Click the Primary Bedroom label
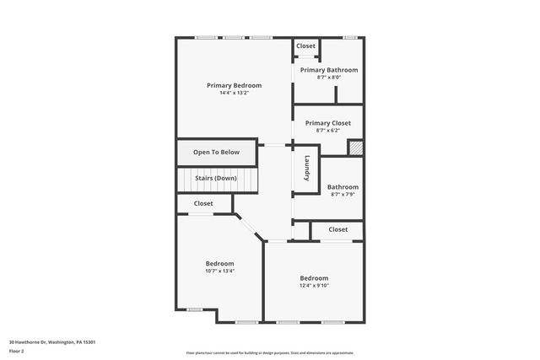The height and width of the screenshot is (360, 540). click(235, 85)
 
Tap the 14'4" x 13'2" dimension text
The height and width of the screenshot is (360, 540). click(235, 93)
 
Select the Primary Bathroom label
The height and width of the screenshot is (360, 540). click(329, 70)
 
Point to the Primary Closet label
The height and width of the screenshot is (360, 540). click(328, 123)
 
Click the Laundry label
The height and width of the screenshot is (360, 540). click(308, 168)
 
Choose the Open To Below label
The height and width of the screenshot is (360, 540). click(216, 153)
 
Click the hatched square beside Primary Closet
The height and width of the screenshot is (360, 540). click(355, 148)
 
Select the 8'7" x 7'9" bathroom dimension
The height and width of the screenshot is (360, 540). click(343, 195)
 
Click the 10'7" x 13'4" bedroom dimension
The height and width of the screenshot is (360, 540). click(219, 271)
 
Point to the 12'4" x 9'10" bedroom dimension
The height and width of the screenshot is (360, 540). click(314, 286)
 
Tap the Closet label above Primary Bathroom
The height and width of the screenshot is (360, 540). click(305, 46)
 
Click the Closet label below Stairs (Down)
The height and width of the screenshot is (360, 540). click(203, 203)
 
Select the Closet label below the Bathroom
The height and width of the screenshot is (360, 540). click(338, 229)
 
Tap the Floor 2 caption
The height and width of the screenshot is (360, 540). click(17, 351)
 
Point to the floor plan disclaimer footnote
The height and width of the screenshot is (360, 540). click(269, 353)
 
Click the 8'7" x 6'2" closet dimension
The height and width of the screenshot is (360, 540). click(328, 131)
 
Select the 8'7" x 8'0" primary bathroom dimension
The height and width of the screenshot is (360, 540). click(329, 78)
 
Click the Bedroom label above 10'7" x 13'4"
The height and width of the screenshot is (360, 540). click(219, 264)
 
